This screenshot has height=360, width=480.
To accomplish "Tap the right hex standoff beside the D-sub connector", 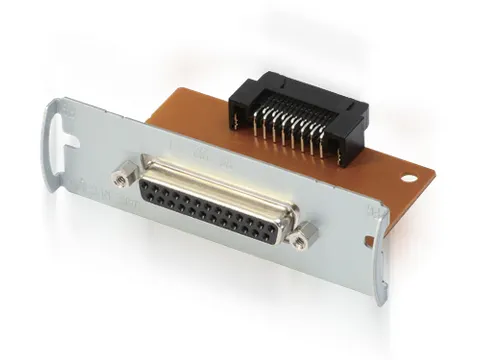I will pyautogui.click(x=305, y=237).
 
